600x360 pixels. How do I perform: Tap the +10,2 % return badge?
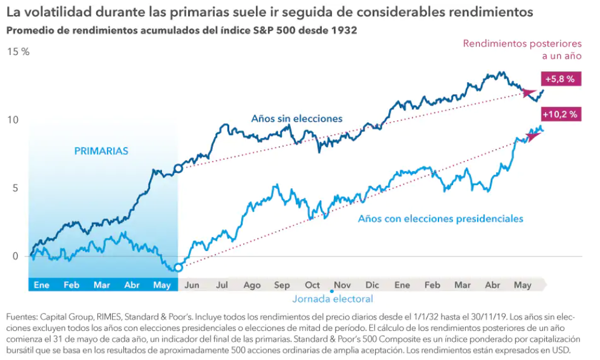coord(560,114)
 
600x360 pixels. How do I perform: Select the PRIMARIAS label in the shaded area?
coord(101,151)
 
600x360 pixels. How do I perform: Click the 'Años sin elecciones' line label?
coord(296,119)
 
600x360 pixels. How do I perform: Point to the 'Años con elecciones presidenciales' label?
coord(440,218)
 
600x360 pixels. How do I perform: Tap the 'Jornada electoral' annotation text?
coord(333,299)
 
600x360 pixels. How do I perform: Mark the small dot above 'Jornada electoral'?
coord(332,291)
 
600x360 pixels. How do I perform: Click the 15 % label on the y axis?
coord(18,52)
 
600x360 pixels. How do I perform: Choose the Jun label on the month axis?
coord(192,285)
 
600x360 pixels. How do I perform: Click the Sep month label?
coord(282,285)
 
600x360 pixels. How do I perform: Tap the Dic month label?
coord(372,285)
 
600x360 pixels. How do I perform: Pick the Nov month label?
coord(342,285)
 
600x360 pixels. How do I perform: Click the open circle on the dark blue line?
coord(178,169)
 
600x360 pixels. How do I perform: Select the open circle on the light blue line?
coord(178,267)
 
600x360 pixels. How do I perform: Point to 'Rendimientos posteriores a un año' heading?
coord(523,50)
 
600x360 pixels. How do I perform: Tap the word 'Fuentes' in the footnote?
coord(22,317)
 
